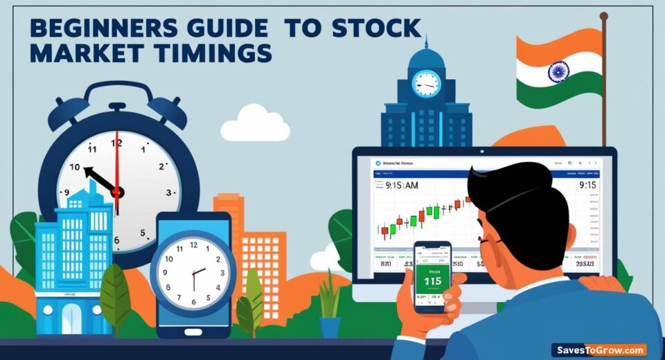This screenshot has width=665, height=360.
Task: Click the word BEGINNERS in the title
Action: (90, 28)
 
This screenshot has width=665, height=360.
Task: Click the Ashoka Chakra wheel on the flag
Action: (558, 71)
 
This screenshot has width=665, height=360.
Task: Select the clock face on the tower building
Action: (425, 84)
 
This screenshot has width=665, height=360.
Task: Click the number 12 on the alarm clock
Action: (116, 143)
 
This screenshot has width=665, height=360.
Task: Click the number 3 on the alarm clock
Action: (168, 192)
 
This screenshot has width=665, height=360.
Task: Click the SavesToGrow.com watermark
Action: (598, 350)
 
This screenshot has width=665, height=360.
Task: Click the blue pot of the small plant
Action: (330, 326)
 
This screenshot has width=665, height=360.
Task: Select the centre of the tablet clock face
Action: (193, 271)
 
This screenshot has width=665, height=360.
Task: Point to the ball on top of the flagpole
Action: (603, 15)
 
